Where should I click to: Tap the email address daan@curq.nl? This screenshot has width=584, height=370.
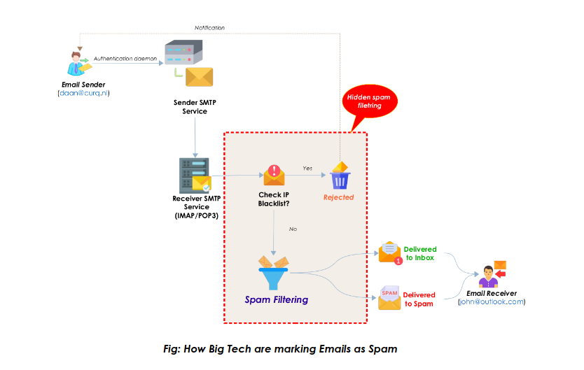coord(84,93)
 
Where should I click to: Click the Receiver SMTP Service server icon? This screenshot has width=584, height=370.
coord(194,175)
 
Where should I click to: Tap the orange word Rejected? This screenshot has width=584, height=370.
coord(338,197)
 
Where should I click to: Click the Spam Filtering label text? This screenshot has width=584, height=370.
coord(276,299)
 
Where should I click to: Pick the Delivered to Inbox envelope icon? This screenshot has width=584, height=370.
coord(389,252)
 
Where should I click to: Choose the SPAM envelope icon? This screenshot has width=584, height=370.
coord(389,297)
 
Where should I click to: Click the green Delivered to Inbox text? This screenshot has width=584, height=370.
coord(420,253)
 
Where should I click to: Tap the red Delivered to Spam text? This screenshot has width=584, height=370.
coord(419,299)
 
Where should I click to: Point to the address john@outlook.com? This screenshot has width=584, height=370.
coord(491,301)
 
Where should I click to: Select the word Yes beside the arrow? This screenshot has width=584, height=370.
coord(307,169)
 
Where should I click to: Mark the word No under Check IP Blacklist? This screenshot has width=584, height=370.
coord(293,229)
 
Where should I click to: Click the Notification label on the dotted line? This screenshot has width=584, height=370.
coord(209,27)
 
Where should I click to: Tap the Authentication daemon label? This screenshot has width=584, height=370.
coord(125,58)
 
